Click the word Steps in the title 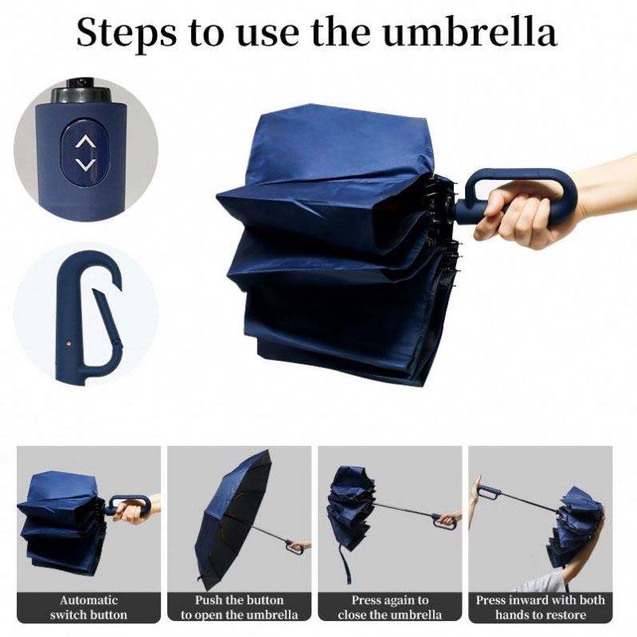coord(126,34)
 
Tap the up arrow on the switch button coord(85,142)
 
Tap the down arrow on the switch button coord(86,164)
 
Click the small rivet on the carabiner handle coord(69,343)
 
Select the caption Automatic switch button coord(89,607)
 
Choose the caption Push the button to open coord(239,607)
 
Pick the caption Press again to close coord(390,607)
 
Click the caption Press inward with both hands coord(540,607)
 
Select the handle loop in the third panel coord(443,522)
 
